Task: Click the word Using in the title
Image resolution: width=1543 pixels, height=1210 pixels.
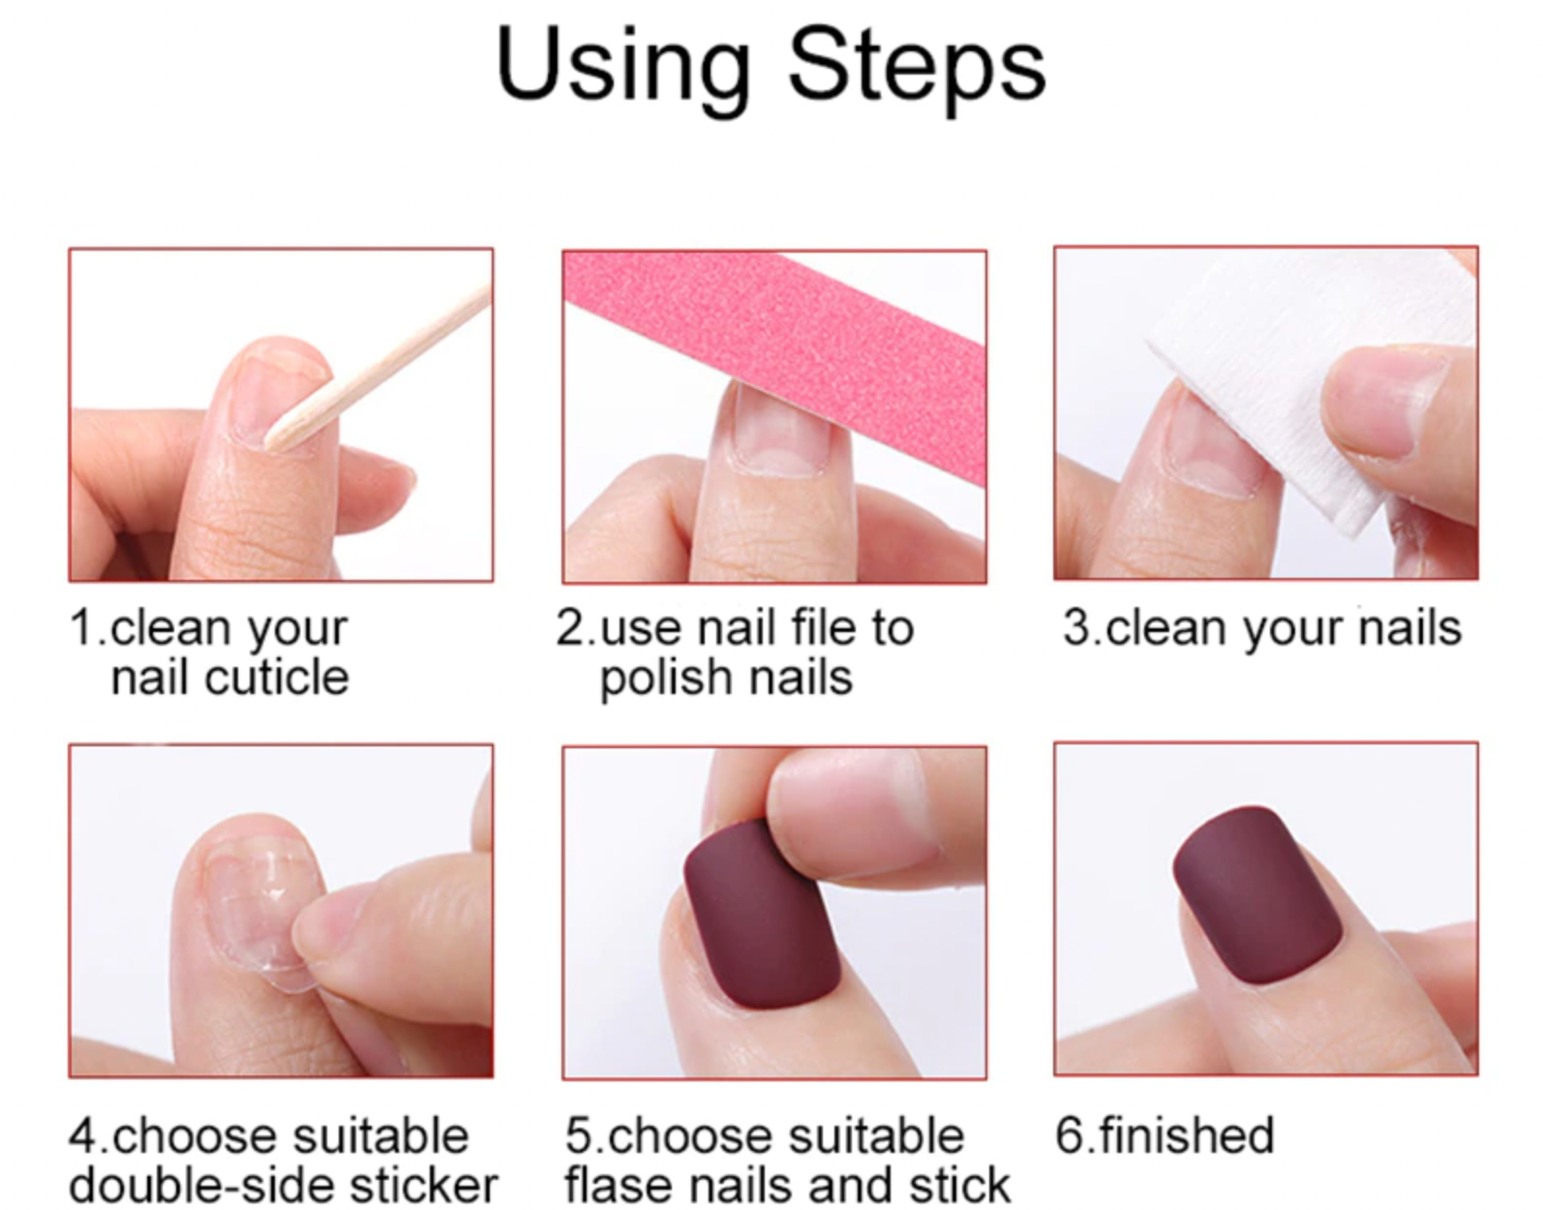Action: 622,69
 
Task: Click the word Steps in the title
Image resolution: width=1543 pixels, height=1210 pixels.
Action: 917,69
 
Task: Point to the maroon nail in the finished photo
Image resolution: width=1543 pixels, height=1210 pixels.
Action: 1256,894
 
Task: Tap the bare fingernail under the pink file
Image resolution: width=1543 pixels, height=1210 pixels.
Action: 779,433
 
